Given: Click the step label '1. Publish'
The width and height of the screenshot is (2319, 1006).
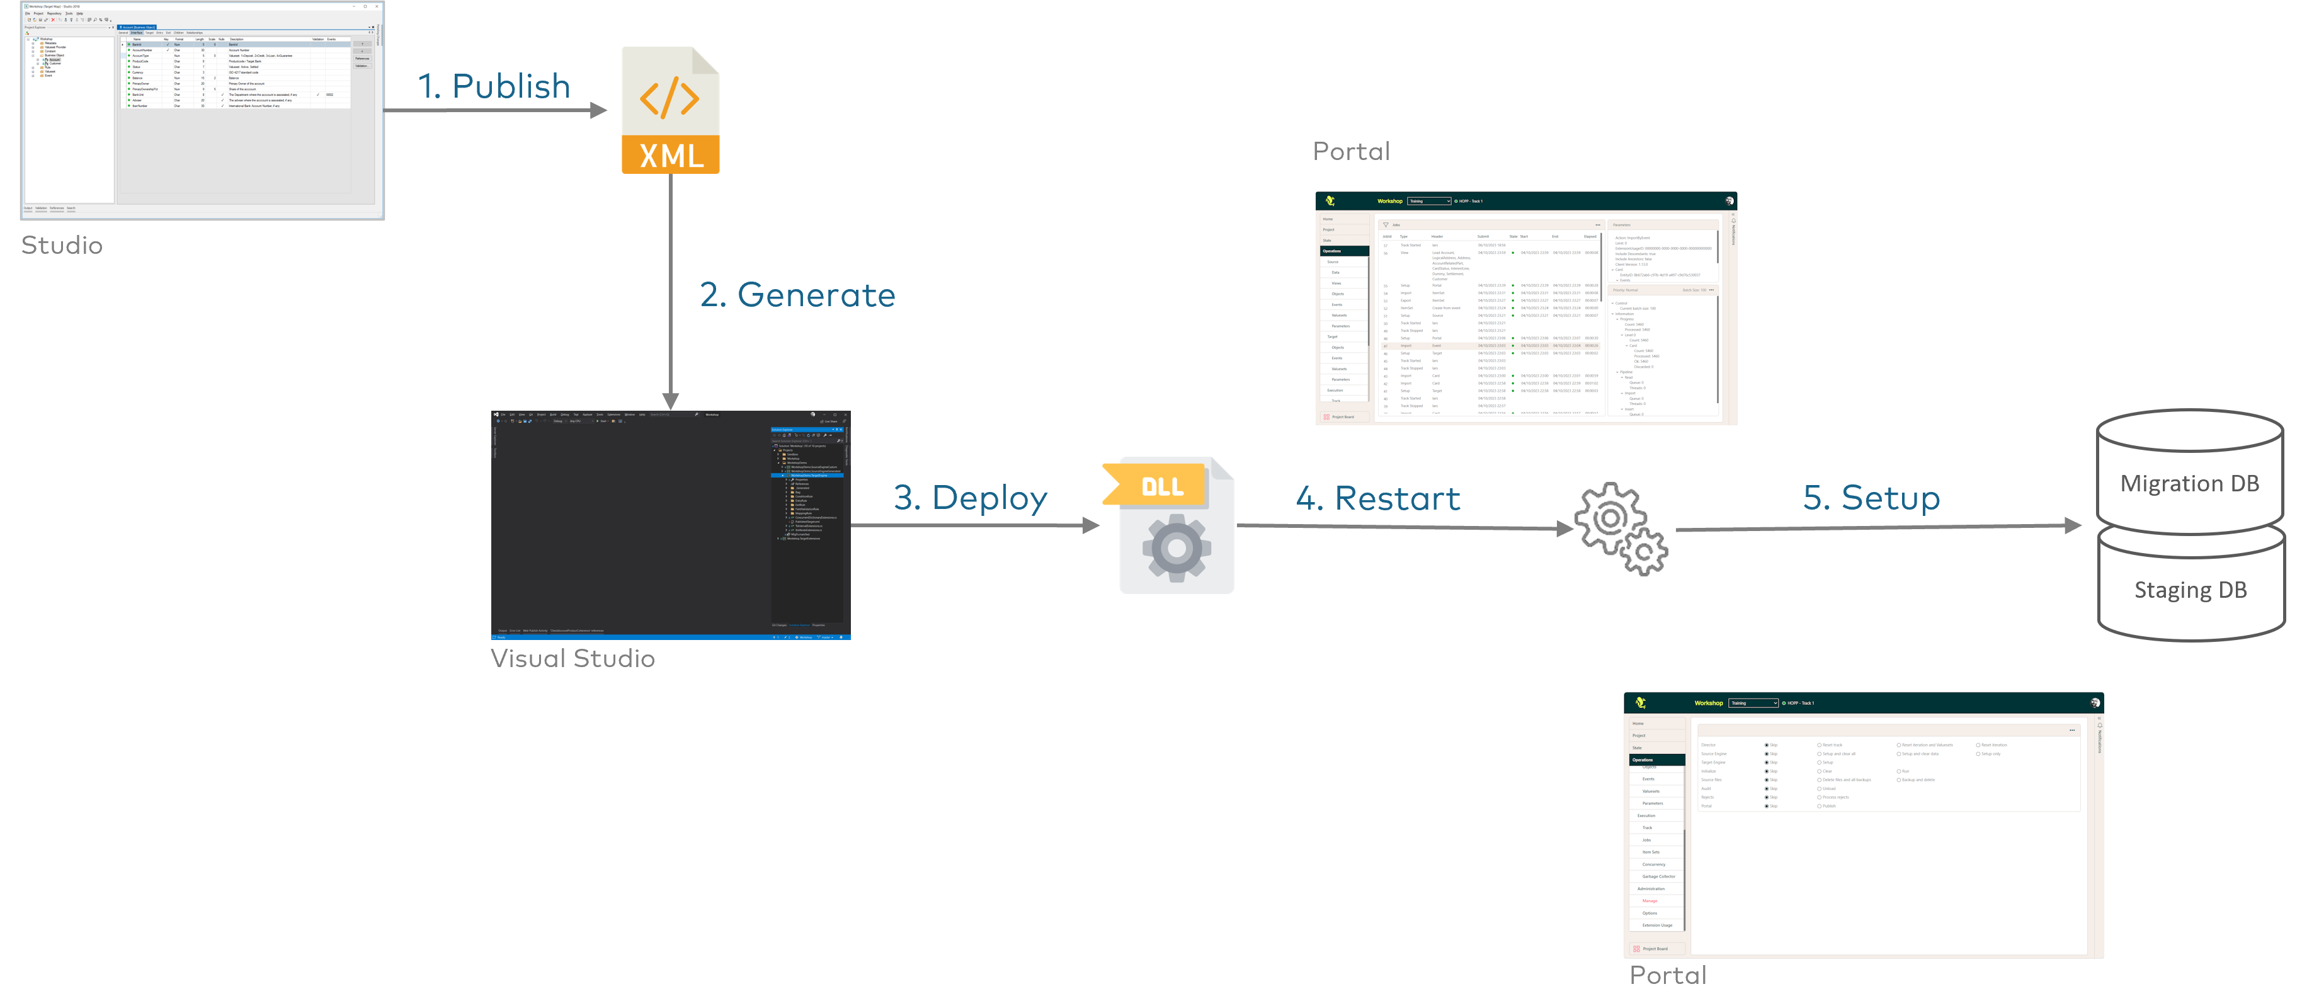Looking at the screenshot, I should click(x=494, y=86).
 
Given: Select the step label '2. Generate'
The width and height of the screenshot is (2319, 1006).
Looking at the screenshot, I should click(x=797, y=295).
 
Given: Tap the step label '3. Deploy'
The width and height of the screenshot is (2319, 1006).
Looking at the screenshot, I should click(x=971, y=498).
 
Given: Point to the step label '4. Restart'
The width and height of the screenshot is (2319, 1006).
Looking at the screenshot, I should click(x=1377, y=498).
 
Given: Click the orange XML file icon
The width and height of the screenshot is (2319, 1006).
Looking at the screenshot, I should click(x=671, y=110).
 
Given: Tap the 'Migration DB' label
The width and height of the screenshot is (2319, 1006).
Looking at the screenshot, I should click(x=2189, y=484).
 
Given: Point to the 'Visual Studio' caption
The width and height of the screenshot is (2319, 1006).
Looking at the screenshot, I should click(x=573, y=658).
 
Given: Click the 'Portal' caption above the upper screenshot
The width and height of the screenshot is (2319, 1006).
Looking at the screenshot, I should click(x=1351, y=151).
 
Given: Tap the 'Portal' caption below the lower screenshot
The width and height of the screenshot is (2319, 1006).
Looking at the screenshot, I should click(x=1667, y=975).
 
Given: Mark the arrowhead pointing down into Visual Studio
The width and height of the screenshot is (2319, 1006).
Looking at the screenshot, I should click(x=671, y=401).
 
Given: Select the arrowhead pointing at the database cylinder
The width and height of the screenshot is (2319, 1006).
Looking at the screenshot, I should click(x=2071, y=525).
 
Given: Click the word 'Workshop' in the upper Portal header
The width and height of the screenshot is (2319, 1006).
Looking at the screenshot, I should click(x=1389, y=201).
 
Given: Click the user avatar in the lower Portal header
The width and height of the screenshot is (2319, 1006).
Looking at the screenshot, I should click(x=2095, y=702).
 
